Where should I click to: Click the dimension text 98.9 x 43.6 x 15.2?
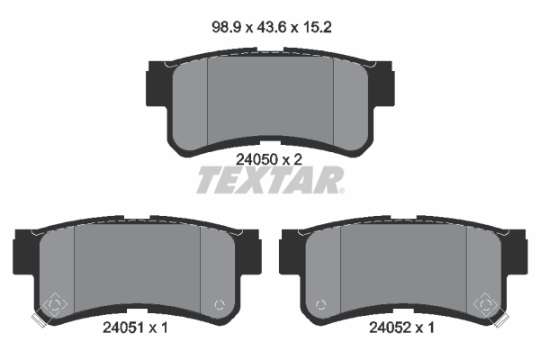[272, 27]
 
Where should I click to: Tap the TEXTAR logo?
[270, 179]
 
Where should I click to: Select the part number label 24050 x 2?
[268, 159]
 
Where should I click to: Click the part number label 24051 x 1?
[135, 328]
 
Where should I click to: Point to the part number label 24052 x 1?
[401, 328]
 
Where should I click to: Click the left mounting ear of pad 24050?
[157, 85]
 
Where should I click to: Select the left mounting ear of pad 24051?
[25, 253]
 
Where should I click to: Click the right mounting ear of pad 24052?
[515, 253]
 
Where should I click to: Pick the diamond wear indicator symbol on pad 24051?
[54, 304]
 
